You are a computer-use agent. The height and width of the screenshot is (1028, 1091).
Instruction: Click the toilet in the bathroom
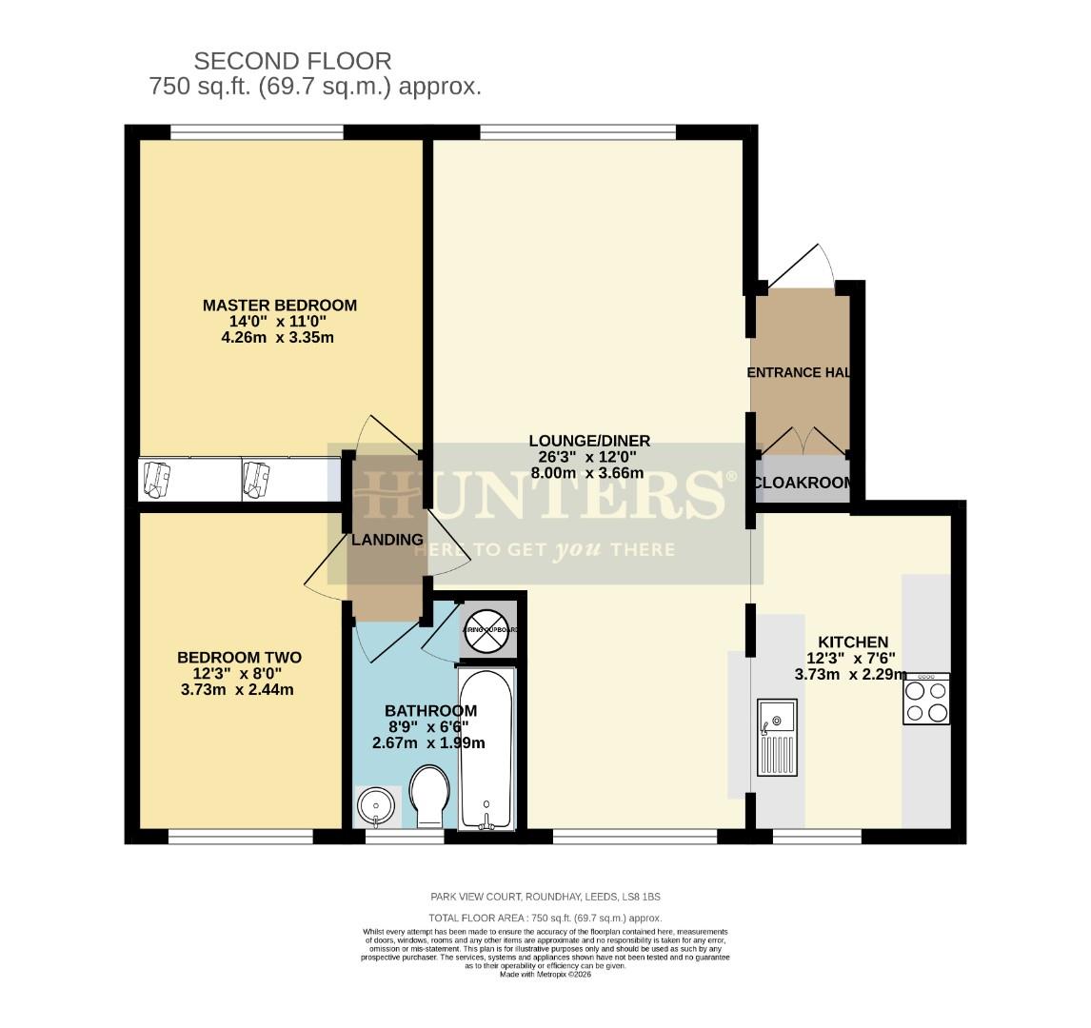428,796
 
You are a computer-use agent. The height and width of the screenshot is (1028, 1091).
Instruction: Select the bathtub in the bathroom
486,748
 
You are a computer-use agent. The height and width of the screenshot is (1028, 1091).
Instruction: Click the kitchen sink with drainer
778,738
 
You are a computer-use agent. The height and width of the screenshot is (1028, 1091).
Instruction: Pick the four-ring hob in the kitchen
925,700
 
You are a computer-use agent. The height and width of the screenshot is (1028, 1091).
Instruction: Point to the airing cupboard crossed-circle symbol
488,630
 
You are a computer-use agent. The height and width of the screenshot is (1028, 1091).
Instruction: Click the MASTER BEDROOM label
280,306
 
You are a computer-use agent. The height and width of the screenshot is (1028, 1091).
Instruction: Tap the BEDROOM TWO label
239,658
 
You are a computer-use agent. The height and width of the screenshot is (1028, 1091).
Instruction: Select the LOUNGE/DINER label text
589,441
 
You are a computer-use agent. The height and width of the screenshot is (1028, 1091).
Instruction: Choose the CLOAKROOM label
803,484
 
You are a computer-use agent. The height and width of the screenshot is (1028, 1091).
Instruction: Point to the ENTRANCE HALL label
799,372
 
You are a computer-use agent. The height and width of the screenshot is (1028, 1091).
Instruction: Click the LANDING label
387,540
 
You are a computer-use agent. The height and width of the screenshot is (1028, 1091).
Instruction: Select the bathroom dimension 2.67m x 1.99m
430,742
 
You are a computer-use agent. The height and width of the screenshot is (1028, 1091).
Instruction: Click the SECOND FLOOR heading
292,62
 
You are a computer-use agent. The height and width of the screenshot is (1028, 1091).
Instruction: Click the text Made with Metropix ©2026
545,974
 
